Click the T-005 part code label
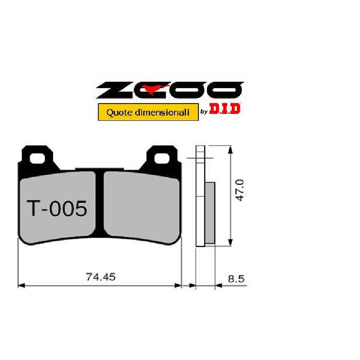pyautogui.click(x=57, y=209)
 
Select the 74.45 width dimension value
pyautogui.click(x=101, y=277)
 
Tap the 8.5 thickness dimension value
pyautogui.click(x=236, y=279)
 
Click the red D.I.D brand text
pyautogui.click(x=225, y=109)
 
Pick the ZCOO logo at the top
pyautogui.click(x=170, y=90)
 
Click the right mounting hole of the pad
pyautogui.click(x=161, y=158)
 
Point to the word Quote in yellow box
pyautogui.click(x=119, y=112)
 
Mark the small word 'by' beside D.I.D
pyautogui.click(x=203, y=112)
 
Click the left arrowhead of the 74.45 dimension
pyautogui.click(x=20, y=285)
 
